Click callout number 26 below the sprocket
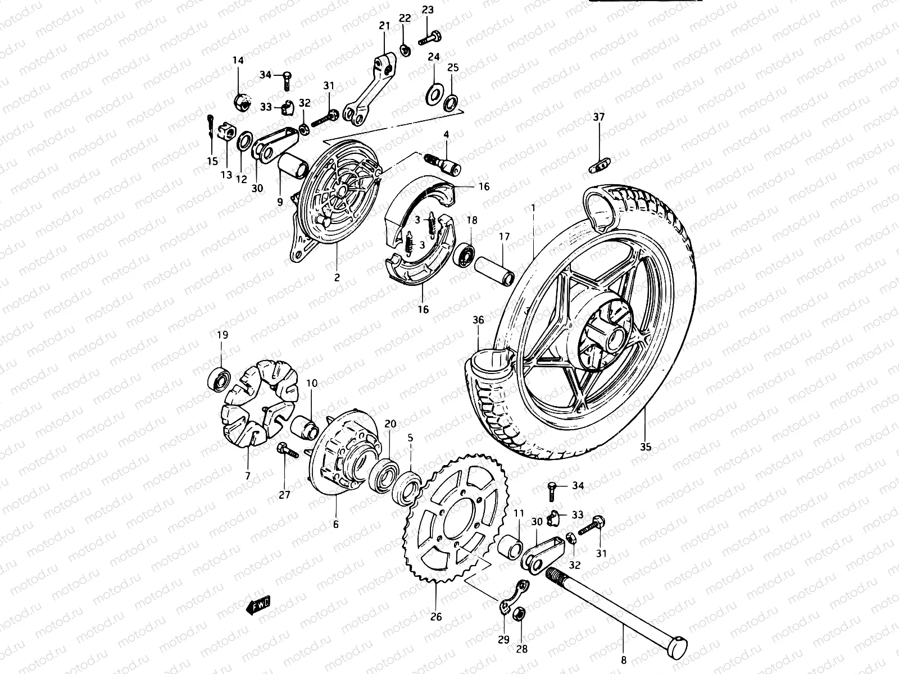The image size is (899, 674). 436,617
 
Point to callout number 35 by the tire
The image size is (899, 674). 645,447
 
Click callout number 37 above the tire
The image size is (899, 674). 599,117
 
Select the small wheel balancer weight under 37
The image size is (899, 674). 600,165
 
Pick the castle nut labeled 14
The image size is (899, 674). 240,101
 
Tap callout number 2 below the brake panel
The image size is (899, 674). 337,276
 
